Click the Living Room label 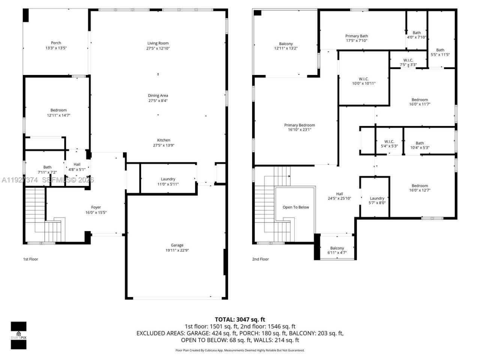(158, 43)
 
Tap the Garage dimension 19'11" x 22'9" (177, 250)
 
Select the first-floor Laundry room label (168, 179)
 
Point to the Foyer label (96, 207)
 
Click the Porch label (56, 43)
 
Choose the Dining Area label (158, 96)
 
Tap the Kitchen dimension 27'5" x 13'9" (164, 145)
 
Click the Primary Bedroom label (299, 125)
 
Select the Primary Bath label (356, 36)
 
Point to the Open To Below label (296, 207)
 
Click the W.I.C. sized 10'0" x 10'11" (363, 81)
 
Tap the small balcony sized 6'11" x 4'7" (337, 250)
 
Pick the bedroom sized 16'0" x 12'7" (420, 188)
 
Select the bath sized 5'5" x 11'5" (440, 52)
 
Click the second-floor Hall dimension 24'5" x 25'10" (339, 199)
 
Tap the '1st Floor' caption (31, 259)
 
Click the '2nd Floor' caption (260, 259)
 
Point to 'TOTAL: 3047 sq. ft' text (240, 319)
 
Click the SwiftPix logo (18, 335)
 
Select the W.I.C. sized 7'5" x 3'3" (408, 62)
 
